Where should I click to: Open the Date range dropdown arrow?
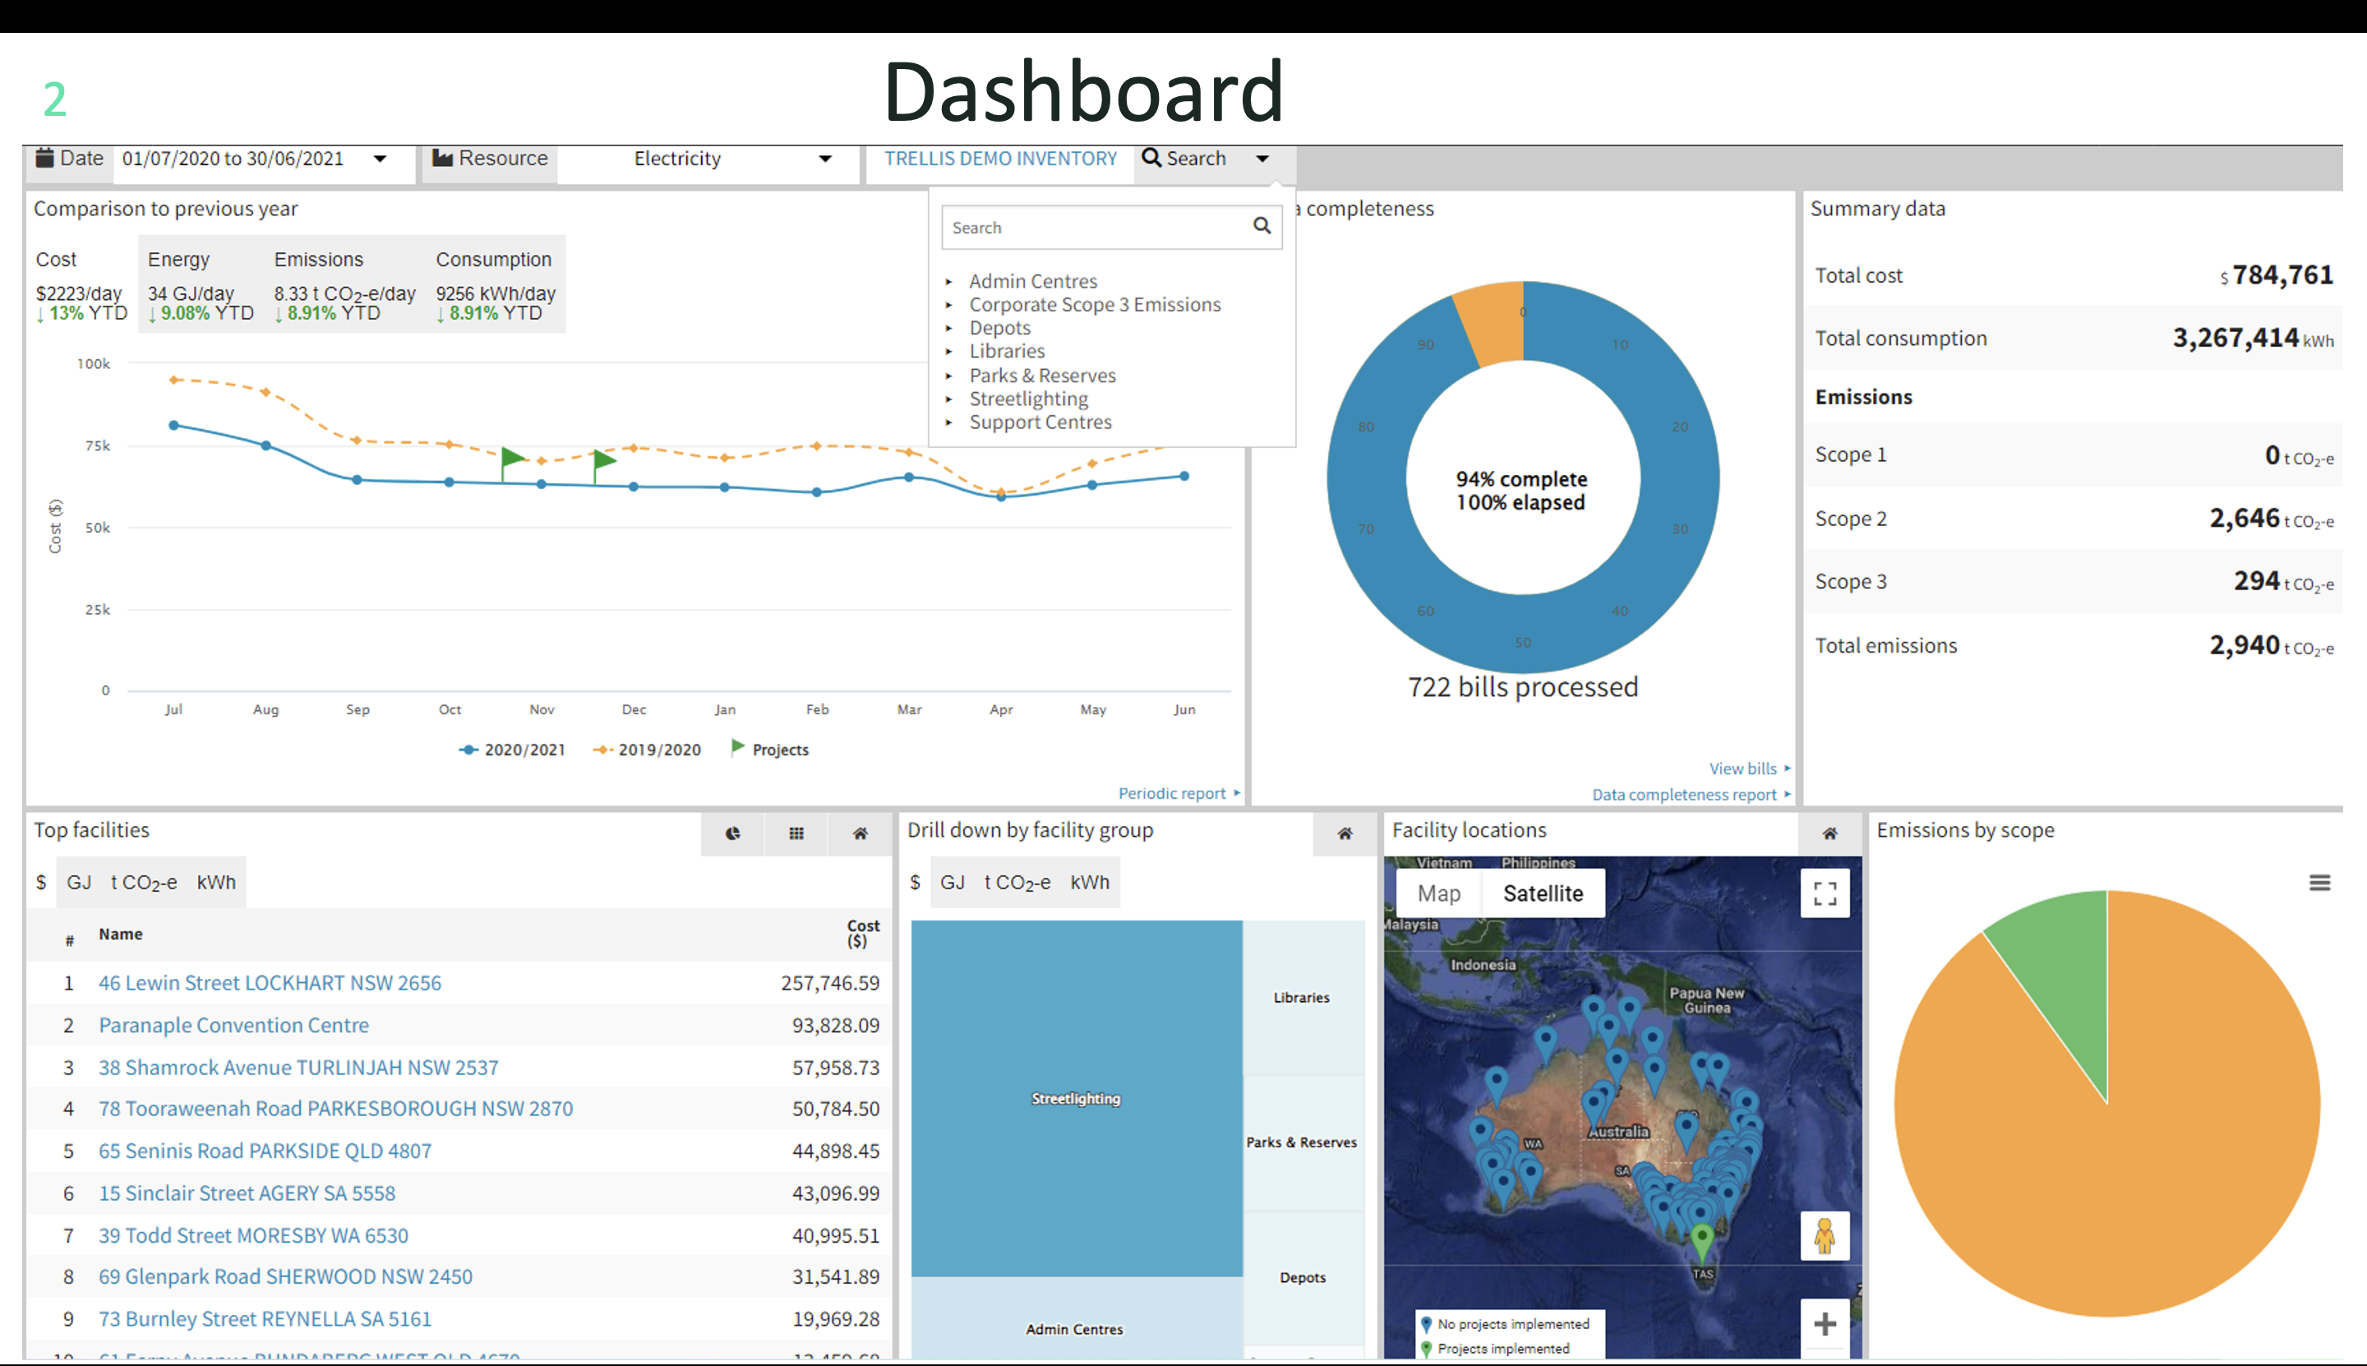pyautogui.click(x=380, y=159)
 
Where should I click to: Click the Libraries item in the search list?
pyautogui.click(x=1007, y=352)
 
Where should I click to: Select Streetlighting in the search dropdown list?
pyautogui.click(x=1028, y=399)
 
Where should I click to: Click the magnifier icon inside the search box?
pyautogui.click(x=1262, y=226)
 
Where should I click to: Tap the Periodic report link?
pyautogui.click(x=1172, y=794)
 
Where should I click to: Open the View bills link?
pyautogui.click(x=1742, y=768)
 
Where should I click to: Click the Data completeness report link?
pyautogui.click(x=1684, y=795)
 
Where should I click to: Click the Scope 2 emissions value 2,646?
pyautogui.click(x=2244, y=518)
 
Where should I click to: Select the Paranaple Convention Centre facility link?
pyautogui.click(x=233, y=1026)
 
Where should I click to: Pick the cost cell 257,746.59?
pyautogui.click(x=829, y=983)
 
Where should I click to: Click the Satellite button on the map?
pyautogui.click(x=1543, y=893)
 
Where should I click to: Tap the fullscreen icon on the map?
pyautogui.click(x=1825, y=893)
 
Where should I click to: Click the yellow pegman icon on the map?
pyautogui.click(x=1824, y=1236)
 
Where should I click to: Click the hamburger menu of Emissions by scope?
pyautogui.click(x=2319, y=883)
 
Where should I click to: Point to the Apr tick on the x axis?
pyautogui.click(x=1001, y=709)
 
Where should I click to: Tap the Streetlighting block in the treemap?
pyautogui.click(x=1076, y=1099)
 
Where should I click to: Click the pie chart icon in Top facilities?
pyautogui.click(x=733, y=833)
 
